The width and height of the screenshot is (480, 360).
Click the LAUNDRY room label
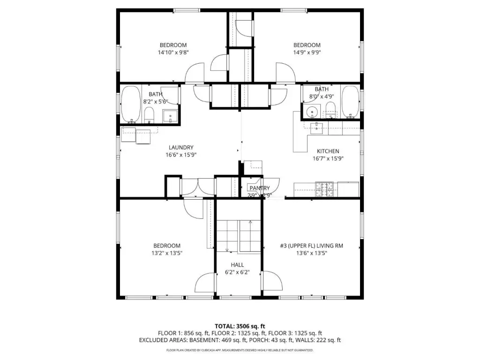click(181, 148)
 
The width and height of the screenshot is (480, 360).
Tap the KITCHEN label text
click(328, 151)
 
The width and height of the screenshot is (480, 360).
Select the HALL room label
click(237, 265)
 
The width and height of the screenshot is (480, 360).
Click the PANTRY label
click(260, 188)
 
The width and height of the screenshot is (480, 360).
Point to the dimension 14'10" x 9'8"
click(173, 52)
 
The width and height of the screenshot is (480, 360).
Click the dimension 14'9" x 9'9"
click(307, 52)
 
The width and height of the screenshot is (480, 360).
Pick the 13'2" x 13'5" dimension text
click(167, 253)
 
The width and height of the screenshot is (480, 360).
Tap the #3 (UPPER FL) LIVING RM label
click(311, 246)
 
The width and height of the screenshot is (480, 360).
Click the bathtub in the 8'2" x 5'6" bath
click(131, 104)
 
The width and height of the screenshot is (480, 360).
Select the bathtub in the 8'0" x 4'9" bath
click(350, 102)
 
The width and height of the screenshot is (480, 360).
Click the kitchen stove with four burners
click(324, 189)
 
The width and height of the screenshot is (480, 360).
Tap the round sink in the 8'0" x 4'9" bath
click(312, 112)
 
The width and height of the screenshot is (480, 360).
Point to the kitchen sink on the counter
click(316, 128)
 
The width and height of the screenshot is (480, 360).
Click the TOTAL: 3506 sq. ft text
click(240, 326)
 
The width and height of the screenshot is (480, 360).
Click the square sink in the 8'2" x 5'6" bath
click(170, 117)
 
